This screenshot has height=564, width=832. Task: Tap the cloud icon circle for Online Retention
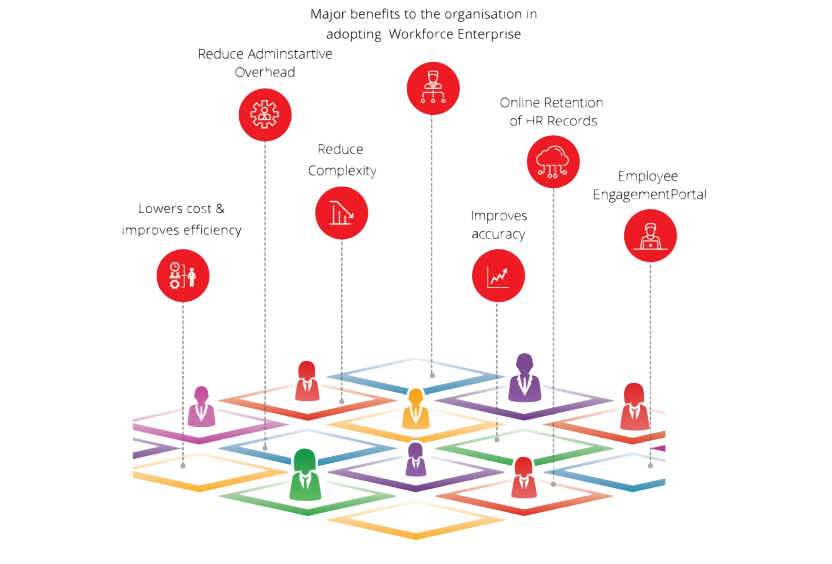click(x=553, y=162)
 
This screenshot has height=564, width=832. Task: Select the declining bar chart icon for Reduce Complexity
click(x=342, y=213)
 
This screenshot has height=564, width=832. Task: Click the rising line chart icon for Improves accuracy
click(x=498, y=276)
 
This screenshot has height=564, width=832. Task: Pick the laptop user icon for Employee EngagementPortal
click(x=651, y=236)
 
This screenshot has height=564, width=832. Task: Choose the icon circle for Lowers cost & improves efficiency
click(x=183, y=276)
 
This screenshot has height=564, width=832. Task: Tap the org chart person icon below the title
click(x=433, y=88)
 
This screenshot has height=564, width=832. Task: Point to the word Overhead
click(x=265, y=72)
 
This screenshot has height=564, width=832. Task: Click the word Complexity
click(x=343, y=170)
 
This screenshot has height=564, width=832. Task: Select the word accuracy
click(x=498, y=234)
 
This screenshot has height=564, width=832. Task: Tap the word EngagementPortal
click(x=649, y=195)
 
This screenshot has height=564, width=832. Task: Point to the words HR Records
click(x=561, y=121)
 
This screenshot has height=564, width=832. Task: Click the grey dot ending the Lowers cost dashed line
click(x=183, y=466)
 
